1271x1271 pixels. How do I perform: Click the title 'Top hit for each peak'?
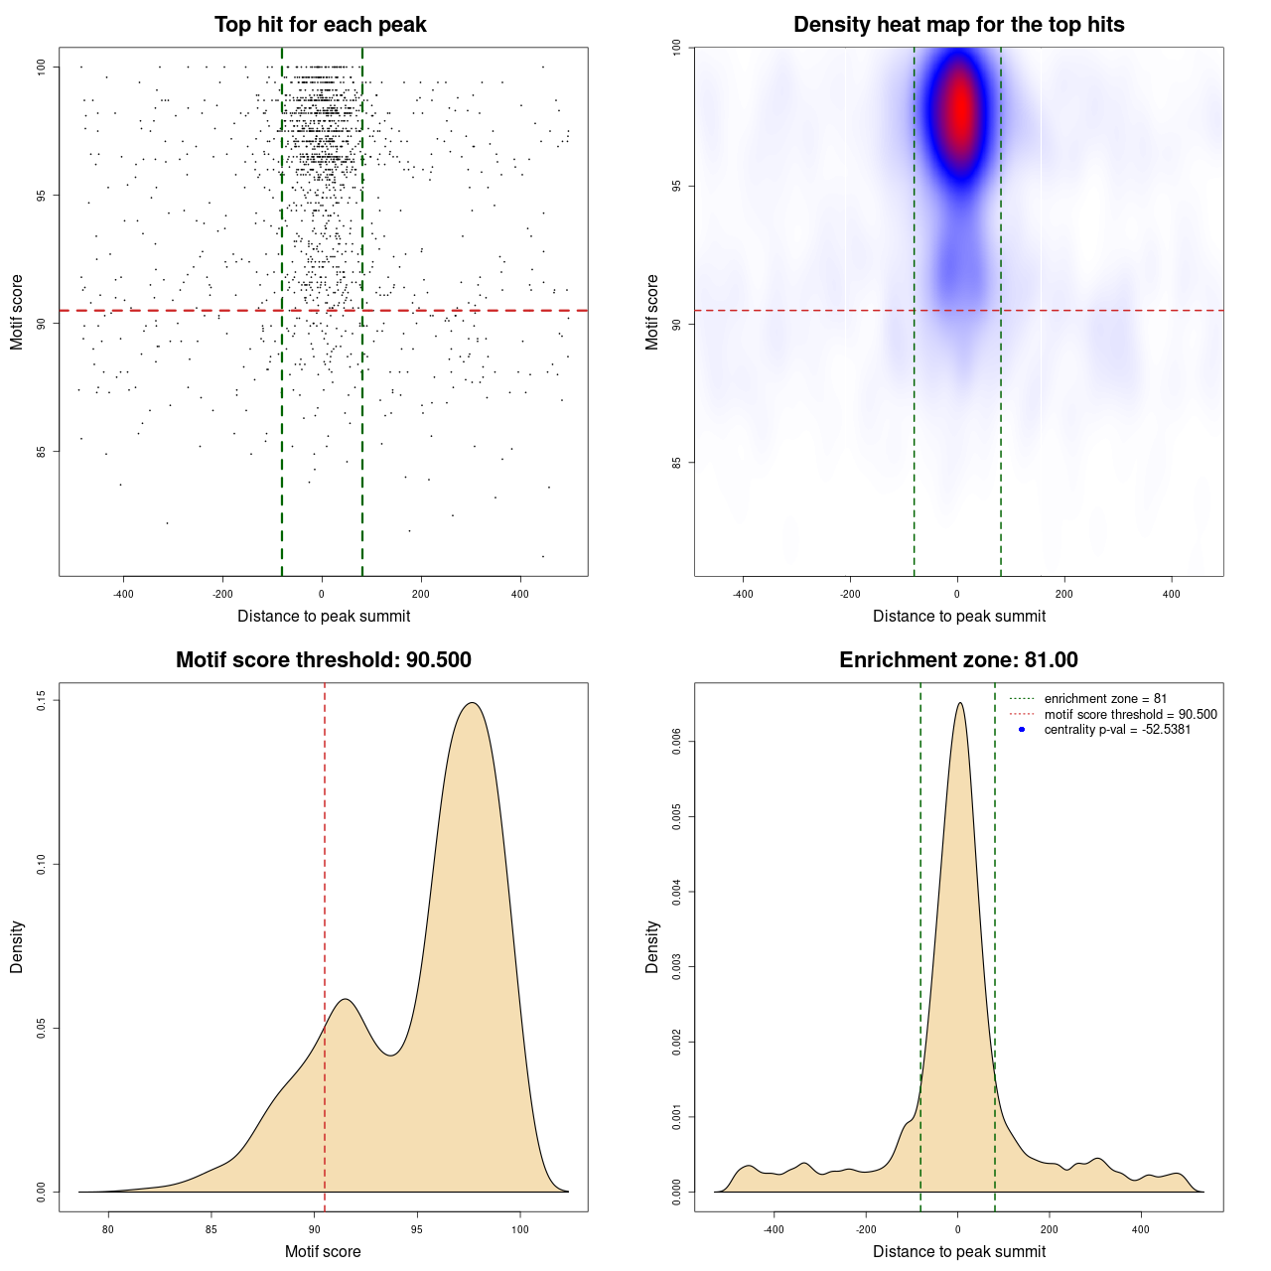[320, 25]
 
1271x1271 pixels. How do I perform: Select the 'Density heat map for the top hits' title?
[958, 25]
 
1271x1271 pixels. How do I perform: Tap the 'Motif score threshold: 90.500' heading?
[323, 660]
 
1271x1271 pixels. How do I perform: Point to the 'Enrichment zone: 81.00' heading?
[958, 660]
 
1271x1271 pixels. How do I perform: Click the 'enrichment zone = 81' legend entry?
[1105, 699]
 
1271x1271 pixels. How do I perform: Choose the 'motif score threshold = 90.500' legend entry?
[1130, 714]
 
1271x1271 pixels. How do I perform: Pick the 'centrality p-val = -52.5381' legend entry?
[1117, 730]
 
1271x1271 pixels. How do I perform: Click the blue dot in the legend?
[1022, 730]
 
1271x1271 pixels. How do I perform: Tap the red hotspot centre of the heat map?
[959, 109]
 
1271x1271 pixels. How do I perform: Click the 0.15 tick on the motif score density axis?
[42, 701]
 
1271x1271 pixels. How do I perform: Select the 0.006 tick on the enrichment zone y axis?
[677, 742]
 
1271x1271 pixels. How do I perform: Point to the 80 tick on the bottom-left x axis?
[108, 1229]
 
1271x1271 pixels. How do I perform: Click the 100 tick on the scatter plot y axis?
[42, 68]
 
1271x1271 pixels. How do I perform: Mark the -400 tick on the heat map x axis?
[743, 594]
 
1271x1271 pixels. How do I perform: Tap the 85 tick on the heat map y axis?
[677, 463]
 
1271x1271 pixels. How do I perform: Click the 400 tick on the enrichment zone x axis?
[1141, 1229]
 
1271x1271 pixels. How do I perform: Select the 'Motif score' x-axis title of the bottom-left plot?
[323, 1251]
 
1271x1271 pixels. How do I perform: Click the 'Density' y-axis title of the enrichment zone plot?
[652, 946]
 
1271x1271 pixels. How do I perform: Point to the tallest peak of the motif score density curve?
[473, 703]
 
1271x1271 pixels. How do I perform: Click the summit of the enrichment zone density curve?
[959, 703]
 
